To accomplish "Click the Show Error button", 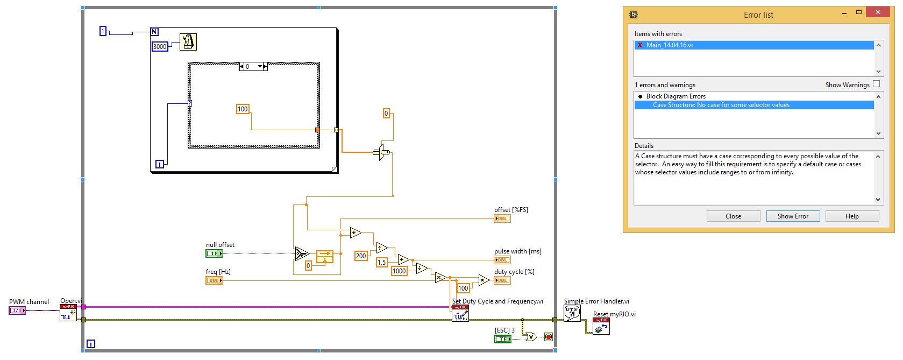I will (793, 216).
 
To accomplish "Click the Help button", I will (852, 216).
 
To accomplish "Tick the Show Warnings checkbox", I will (876, 84).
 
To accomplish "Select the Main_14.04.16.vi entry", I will (670, 45).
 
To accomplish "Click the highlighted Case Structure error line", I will (721, 105).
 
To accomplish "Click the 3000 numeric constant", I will (160, 47).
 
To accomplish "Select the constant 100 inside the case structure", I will (243, 109).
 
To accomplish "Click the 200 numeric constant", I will (361, 256).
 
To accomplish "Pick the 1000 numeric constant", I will (399, 271).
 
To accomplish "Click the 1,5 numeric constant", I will (381, 263).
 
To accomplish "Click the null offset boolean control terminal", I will (214, 253).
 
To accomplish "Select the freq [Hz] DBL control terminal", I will (214, 280).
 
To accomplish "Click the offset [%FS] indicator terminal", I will (502, 218).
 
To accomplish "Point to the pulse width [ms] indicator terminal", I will (502, 260).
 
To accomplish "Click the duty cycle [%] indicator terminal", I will (502, 280).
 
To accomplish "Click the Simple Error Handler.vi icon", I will (572, 313).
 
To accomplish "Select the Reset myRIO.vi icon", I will (601, 326).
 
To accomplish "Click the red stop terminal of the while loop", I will (548, 337).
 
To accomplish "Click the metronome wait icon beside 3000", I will (188, 42).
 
